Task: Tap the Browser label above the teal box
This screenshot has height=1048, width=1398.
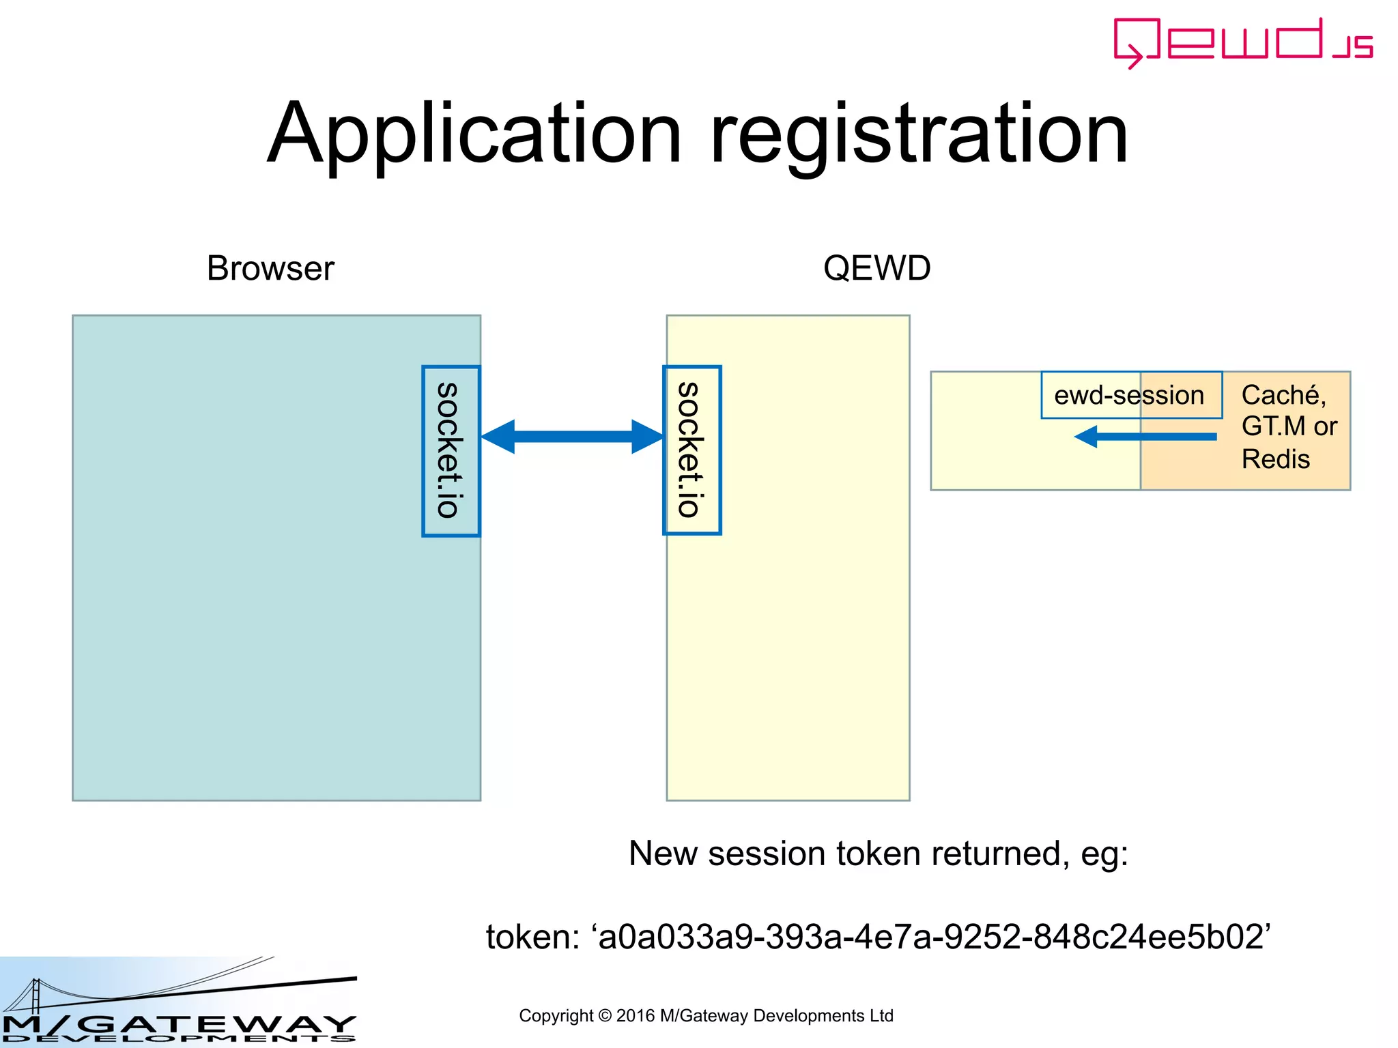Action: pyautogui.click(x=270, y=268)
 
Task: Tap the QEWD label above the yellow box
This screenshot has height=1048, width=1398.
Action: pyautogui.click(x=876, y=268)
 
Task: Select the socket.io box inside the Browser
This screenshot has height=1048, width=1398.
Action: pyautogui.click(x=451, y=451)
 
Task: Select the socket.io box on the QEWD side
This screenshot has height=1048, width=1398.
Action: pyautogui.click(x=691, y=450)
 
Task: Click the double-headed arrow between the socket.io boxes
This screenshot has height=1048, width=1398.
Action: pyautogui.click(x=572, y=437)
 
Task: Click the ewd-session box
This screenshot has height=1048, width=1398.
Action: pyautogui.click(x=1130, y=395)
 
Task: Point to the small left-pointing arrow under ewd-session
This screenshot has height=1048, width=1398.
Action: pyautogui.click(x=1145, y=437)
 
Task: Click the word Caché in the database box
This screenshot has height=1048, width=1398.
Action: pyautogui.click(x=1283, y=395)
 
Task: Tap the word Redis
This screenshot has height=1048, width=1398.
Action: pyautogui.click(x=1275, y=459)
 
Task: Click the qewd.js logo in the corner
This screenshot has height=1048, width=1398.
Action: pyautogui.click(x=1242, y=42)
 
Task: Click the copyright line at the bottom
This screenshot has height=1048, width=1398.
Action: pyautogui.click(x=706, y=1016)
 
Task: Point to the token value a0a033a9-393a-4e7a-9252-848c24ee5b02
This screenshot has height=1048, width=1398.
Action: pyautogui.click(x=932, y=937)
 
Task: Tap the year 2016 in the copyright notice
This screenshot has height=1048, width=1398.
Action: pyautogui.click(x=635, y=1016)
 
